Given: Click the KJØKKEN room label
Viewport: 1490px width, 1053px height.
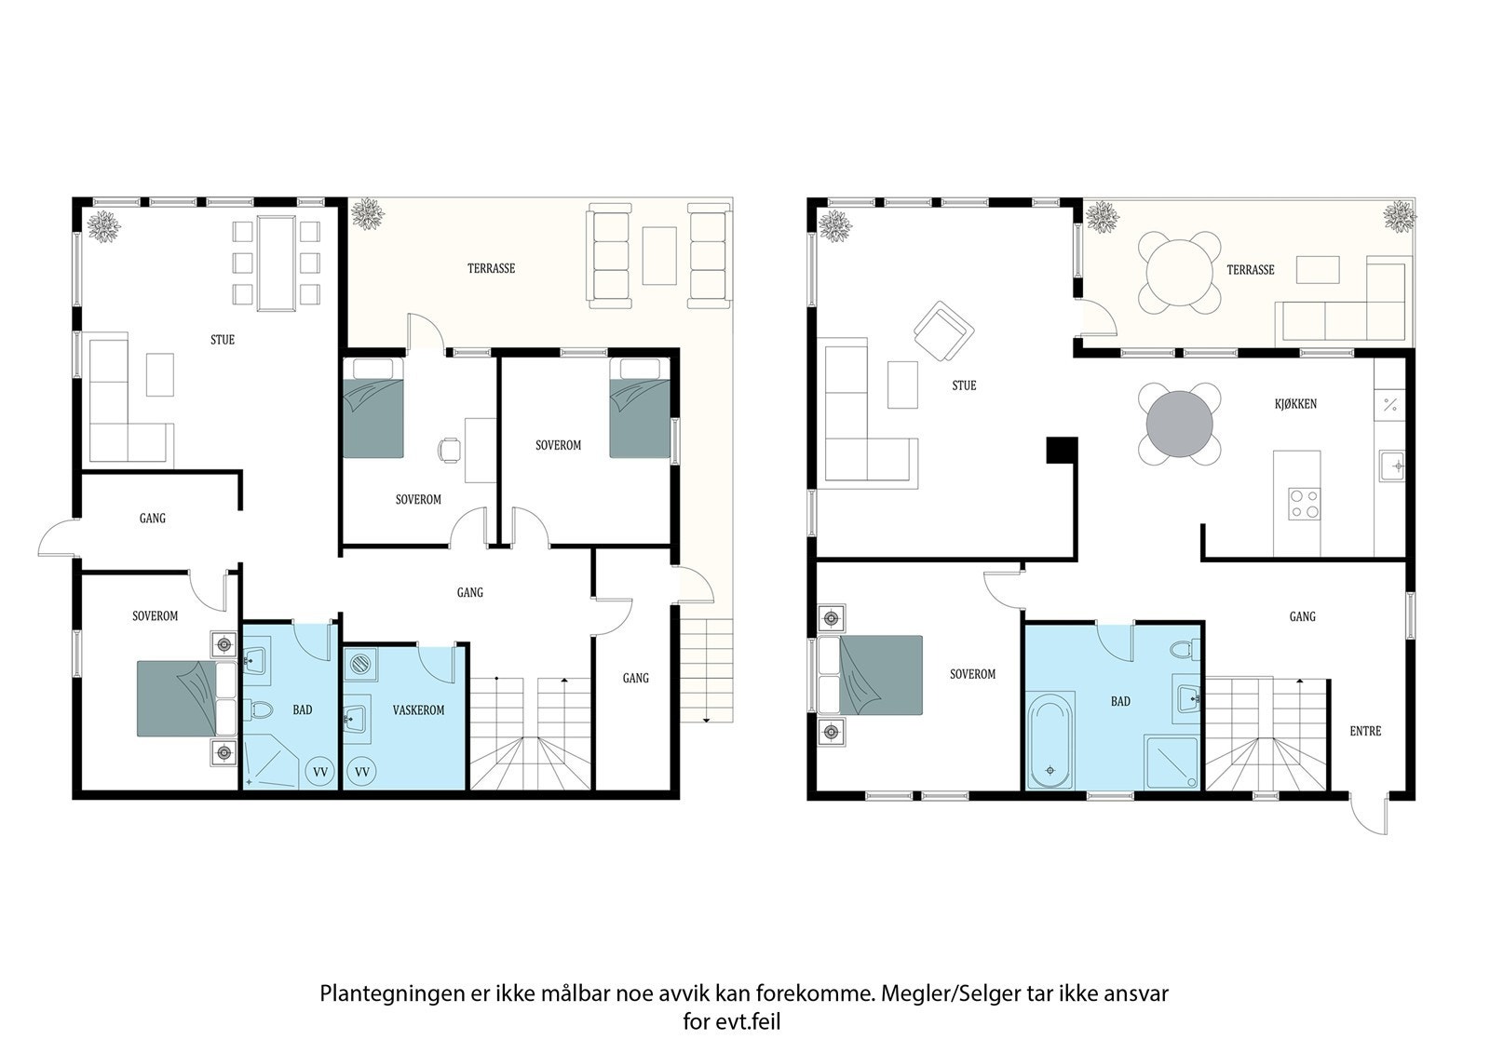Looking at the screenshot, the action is (x=1295, y=404).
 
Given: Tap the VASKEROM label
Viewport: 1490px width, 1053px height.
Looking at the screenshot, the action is (x=418, y=710).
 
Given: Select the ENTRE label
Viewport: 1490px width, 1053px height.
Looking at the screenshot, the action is (x=1365, y=731).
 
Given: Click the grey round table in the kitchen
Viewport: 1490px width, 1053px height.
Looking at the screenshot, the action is (x=1179, y=424).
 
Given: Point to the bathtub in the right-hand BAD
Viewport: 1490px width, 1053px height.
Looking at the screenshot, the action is (x=1050, y=740).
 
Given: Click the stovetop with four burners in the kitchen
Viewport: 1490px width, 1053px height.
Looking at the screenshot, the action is (x=1305, y=504).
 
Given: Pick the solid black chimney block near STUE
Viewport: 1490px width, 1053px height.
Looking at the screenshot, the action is (x=1062, y=450).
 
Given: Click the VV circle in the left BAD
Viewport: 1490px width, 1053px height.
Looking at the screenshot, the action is (x=320, y=772).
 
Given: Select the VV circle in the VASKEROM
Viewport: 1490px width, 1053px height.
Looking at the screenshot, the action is (x=362, y=772).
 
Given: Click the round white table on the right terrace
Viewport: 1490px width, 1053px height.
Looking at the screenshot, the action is (x=1179, y=273).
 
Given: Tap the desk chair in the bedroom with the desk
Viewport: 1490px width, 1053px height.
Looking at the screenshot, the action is (x=450, y=450).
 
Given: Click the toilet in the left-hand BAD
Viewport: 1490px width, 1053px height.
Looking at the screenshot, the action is (x=260, y=710).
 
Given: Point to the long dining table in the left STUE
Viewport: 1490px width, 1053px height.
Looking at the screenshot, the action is (x=277, y=263).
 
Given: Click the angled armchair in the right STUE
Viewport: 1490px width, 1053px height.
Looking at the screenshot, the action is (x=944, y=331).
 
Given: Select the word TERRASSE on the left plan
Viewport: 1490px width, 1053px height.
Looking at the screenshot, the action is (x=491, y=269).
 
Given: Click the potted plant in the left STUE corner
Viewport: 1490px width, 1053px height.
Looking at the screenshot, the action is (x=103, y=227).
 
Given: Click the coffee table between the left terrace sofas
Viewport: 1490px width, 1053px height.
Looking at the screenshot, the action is (x=659, y=256).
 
